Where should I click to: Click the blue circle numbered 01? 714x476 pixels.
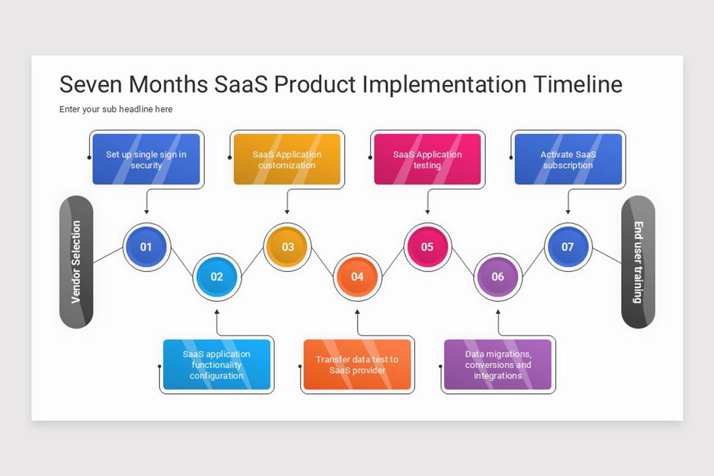tap(146, 247)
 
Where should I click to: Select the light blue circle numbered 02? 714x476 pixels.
tap(217, 277)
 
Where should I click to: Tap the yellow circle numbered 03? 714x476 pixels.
tap(287, 247)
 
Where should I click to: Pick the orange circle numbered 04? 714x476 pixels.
tap(357, 277)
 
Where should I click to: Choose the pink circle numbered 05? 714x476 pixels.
tap(427, 247)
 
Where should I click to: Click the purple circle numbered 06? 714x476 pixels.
tap(497, 277)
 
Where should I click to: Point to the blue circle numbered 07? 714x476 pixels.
tap(568, 247)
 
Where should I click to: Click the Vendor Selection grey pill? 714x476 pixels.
tap(76, 262)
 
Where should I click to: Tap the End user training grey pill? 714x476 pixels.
tap(638, 262)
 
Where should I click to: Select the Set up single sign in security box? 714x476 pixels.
tap(146, 159)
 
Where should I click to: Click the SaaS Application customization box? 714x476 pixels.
tap(287, 159)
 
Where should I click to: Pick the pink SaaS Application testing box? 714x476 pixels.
tap(427, 159)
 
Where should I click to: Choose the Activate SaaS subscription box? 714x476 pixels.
tap(568, 159)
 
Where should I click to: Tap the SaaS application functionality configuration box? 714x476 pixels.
tap(217, 365)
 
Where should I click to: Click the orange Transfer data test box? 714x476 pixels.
tap(357, 365)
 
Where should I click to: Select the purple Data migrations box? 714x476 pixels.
tap(497, 365)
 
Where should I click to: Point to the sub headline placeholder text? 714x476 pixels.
tap(116, 109)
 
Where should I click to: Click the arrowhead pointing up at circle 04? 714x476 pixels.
tap(357, 311)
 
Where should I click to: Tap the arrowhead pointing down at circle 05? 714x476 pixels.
tap(427, 212)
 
